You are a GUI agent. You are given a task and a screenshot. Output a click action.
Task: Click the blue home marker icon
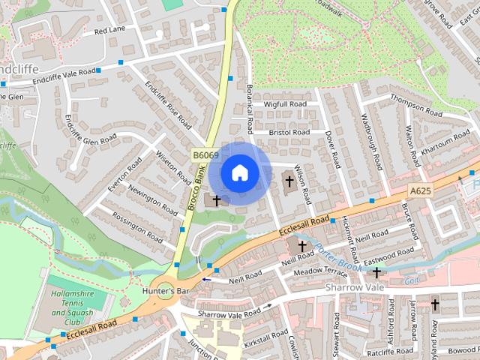239,172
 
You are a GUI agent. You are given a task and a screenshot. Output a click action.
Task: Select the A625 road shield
421,191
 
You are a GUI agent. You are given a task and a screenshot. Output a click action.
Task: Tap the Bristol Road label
290,132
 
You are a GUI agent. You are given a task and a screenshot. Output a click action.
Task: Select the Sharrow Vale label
354,287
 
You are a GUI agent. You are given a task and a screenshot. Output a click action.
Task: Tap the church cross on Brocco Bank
217,200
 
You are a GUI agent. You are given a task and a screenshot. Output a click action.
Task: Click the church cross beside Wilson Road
289,181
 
